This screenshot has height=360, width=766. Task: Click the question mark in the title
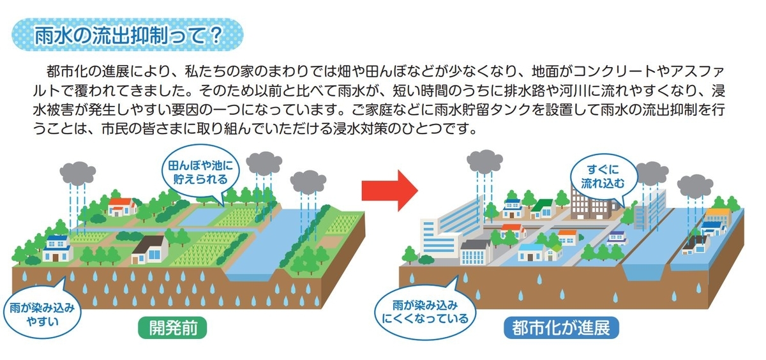216,36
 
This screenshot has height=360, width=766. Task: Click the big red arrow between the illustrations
390,190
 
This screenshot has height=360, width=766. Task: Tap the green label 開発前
173,328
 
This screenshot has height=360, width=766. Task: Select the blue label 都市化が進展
561,328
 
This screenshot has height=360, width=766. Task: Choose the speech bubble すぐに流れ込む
604,177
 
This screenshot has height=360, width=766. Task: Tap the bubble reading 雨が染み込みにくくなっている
425,311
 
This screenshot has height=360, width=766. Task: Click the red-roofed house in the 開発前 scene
122,207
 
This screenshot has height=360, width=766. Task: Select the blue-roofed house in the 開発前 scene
57,248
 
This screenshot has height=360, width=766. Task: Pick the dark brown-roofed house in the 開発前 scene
150,250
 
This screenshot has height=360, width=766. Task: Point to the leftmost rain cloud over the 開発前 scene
78,174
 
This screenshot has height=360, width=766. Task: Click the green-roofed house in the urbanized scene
543,209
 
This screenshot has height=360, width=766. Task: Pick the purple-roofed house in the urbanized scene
617,238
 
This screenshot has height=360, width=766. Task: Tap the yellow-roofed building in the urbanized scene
718,216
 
